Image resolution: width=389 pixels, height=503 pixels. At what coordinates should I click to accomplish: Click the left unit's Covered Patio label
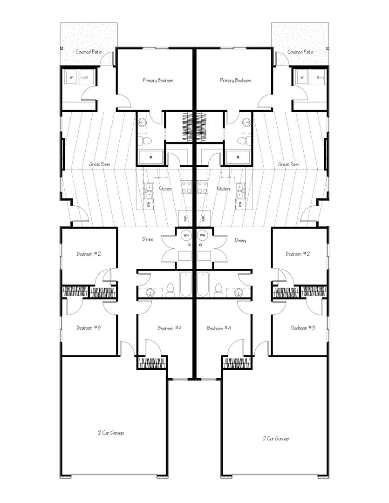click(x=89, y=52)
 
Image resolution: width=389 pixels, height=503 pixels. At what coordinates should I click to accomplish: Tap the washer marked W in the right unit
click(x=302, y=77)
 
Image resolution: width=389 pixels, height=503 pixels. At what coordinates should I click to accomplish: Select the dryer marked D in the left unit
click(x=87, y=77)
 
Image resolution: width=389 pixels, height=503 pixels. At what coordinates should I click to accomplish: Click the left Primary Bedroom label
click(x=158, y=80)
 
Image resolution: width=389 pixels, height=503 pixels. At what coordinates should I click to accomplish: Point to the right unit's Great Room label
click(x=288, y=164)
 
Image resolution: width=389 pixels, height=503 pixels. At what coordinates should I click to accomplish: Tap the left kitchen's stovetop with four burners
click(x=186, y=187)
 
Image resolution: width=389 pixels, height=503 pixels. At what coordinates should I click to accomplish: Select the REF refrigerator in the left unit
click(x=185, y=218)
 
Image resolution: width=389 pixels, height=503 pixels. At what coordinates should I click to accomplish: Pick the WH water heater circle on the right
click(x=203, y=236)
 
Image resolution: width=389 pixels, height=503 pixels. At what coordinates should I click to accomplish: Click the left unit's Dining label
click(x=148, y=239)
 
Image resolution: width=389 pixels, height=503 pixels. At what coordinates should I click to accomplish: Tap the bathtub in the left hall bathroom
click(x=186, y=284)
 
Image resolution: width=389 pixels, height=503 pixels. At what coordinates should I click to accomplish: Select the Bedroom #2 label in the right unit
click(x=298, y=254)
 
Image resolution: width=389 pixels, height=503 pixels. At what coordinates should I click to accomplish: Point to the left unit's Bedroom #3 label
click(x=89, y=327)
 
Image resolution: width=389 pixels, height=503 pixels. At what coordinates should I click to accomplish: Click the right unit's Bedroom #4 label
click(x=218, y=328)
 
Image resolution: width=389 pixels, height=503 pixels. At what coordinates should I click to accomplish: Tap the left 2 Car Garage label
click(x=111, y=433)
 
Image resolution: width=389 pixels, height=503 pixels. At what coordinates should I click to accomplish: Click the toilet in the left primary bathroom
click(x=146, y=140)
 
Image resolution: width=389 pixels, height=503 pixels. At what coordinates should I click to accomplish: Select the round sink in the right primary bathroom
click(x=246, y=122)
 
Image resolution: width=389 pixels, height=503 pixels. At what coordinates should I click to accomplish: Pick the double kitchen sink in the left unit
click(x=149, y=190)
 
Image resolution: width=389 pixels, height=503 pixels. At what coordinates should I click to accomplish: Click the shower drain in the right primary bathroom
click(x=238, y=157)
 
